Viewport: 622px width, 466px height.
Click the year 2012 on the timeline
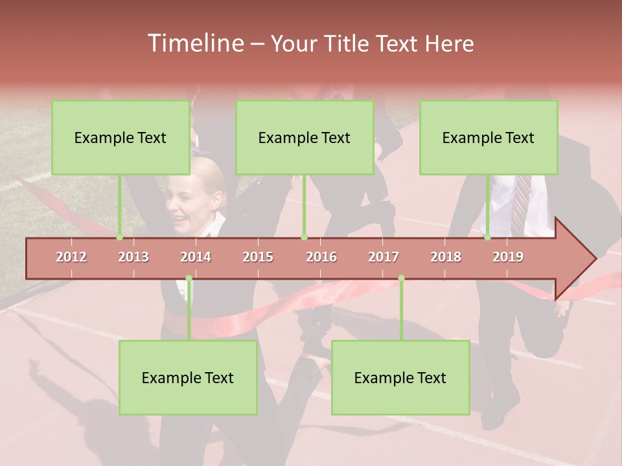[71, 257]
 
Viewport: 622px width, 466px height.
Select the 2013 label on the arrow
[133, 257]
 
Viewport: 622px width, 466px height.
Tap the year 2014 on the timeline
[196, 257]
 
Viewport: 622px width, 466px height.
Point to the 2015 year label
[258, 257]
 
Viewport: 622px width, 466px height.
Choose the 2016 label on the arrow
[321, 257]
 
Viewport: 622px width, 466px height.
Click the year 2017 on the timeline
[384, 257]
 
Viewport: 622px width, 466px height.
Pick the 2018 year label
[446, 257]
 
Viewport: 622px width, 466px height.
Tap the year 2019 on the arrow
[508, 257]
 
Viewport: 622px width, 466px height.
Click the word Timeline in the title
[194, 43]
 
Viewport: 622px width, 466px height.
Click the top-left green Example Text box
[121, 138]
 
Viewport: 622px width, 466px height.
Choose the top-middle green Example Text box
[305, 138]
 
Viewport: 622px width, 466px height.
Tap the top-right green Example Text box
[489, 138]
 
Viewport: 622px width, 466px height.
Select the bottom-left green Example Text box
[188, 378]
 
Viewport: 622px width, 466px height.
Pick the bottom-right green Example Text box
[400, 378]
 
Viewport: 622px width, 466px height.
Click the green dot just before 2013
[120, 238]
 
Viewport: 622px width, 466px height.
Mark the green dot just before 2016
[304, 238]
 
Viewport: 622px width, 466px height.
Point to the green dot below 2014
[189, 278]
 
